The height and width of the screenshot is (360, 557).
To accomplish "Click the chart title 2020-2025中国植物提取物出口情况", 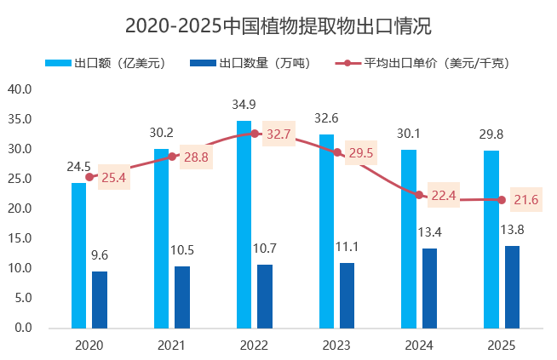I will tap(278, 26).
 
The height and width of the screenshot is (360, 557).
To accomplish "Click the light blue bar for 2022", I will tap(244, 224).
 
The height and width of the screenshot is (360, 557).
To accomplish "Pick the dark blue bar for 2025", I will tap(512, 287).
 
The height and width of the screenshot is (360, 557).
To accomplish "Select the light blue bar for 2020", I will tap(78, 255).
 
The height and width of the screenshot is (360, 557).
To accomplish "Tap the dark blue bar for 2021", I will tap(181, 296).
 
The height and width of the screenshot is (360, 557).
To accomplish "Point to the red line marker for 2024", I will tap(419, 195).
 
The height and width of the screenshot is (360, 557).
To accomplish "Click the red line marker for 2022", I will tap(255, 134).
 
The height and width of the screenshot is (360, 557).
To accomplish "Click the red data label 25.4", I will tap(114, 179).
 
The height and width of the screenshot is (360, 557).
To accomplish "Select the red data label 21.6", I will tap(525, 200).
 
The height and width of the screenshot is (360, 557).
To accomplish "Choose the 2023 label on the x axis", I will tap(336, 345).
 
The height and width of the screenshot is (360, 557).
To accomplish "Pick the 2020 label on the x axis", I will tap(89, 345).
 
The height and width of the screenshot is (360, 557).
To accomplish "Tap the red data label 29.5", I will tap(361, 154).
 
